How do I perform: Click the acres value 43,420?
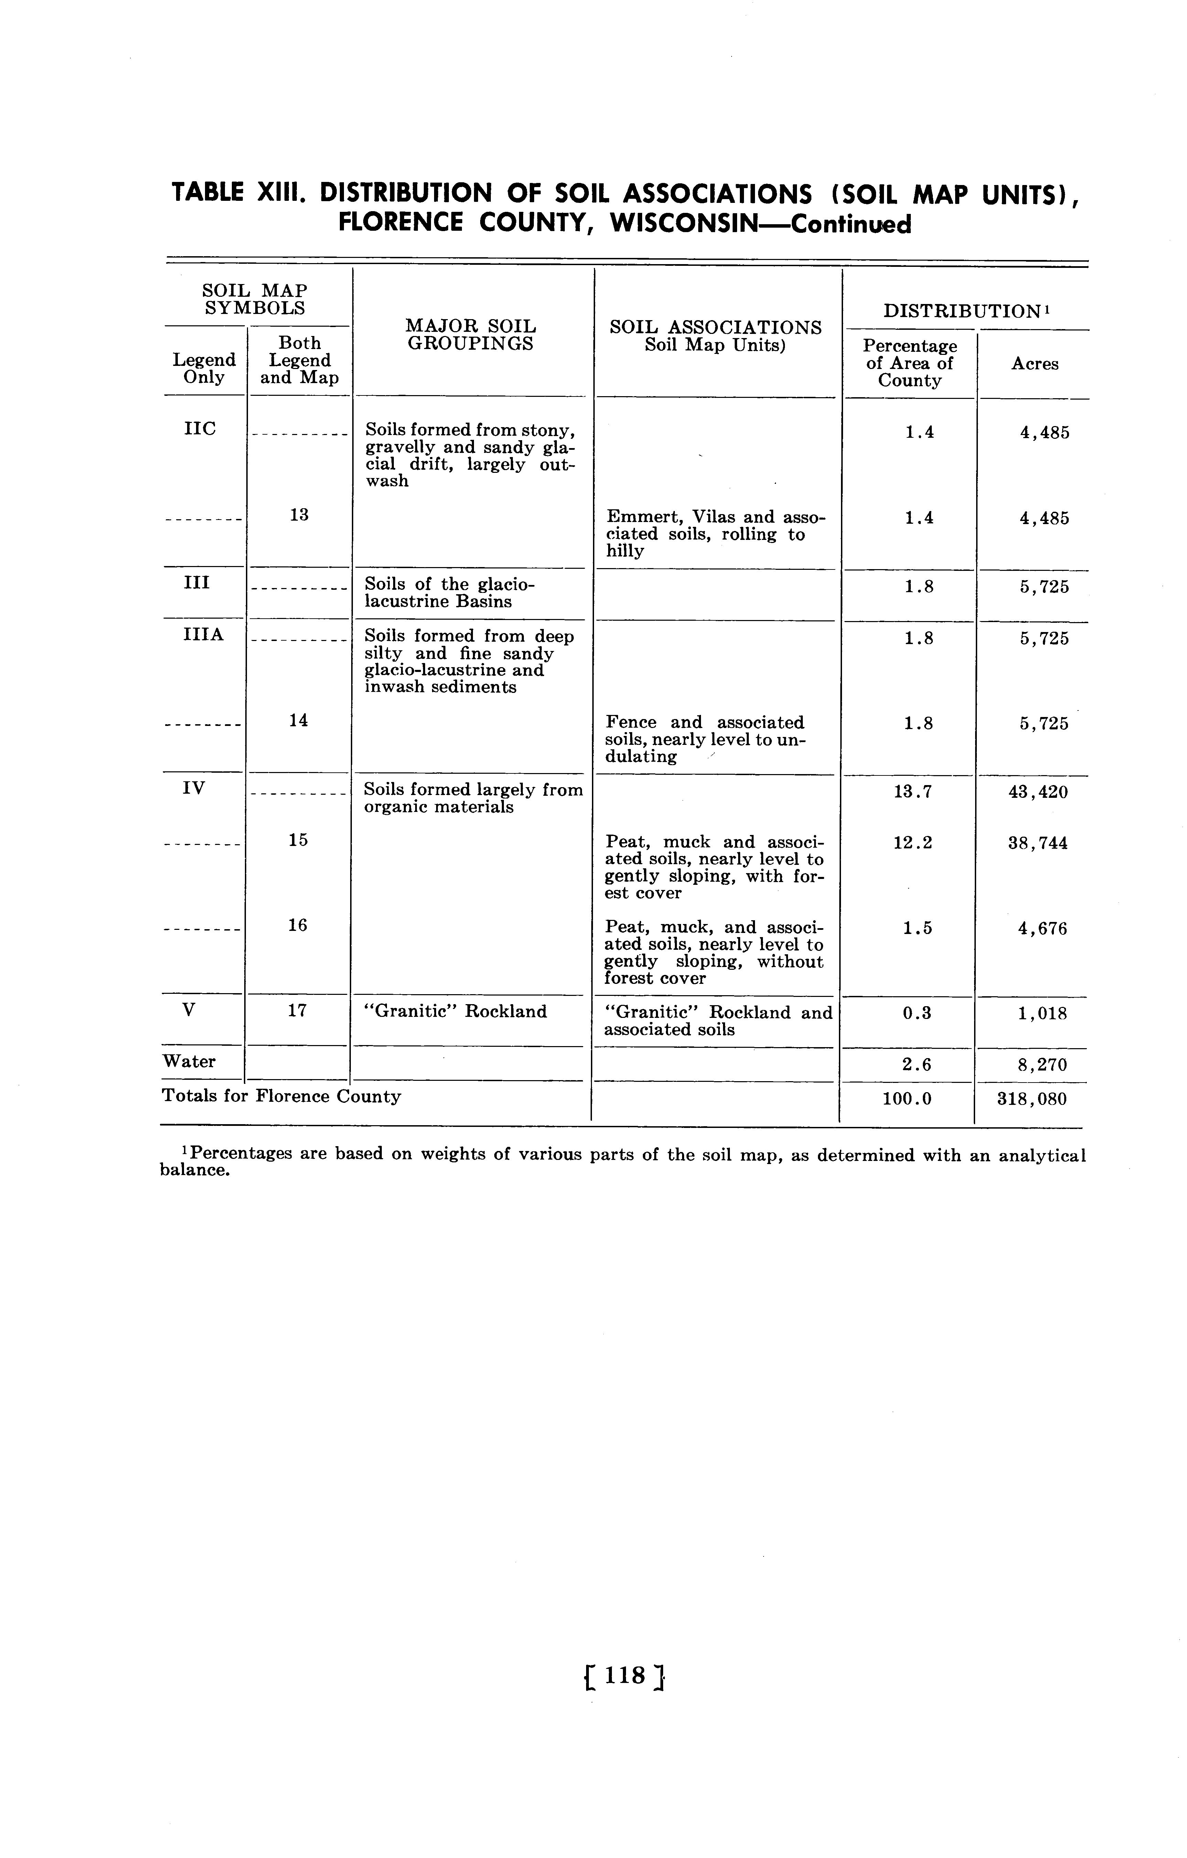pos(1038,792)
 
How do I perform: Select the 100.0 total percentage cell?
pos(907,1099)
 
